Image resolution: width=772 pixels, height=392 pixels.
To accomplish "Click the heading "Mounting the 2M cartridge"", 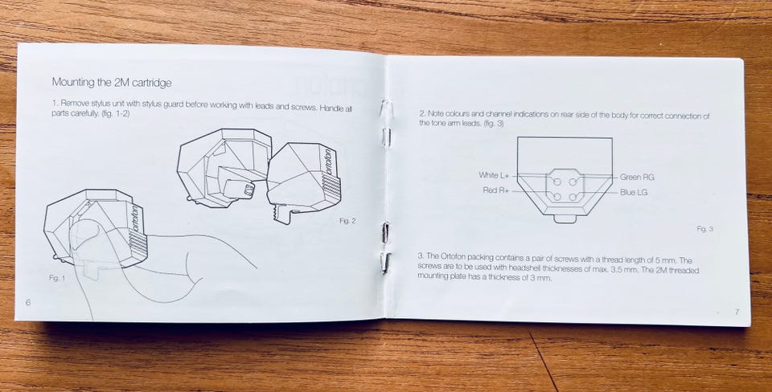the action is click(112, 82).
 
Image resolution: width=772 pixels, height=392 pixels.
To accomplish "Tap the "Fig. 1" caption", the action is click(56, 278).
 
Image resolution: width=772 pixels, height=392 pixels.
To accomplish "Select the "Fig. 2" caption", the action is click(347, 222).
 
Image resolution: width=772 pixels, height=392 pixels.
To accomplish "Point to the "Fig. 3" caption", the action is click(705, 229).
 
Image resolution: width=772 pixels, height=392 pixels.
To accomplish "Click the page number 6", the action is click(28, 303).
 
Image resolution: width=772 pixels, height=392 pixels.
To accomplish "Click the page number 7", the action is click(737, 312).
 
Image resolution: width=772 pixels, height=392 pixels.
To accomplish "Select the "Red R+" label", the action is click(496, 190).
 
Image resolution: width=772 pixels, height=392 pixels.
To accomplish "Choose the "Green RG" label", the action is click(637, 178).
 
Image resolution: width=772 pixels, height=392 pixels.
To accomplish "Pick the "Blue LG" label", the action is click(634, 193).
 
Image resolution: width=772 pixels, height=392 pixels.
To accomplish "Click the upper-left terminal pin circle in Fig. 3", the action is click(557, 182).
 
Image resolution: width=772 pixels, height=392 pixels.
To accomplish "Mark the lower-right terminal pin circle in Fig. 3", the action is click(573, 198).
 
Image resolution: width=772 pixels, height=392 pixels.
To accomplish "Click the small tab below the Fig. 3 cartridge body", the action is click(565, 218).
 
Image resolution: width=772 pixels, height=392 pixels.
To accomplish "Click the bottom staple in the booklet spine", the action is click(385, 263).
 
